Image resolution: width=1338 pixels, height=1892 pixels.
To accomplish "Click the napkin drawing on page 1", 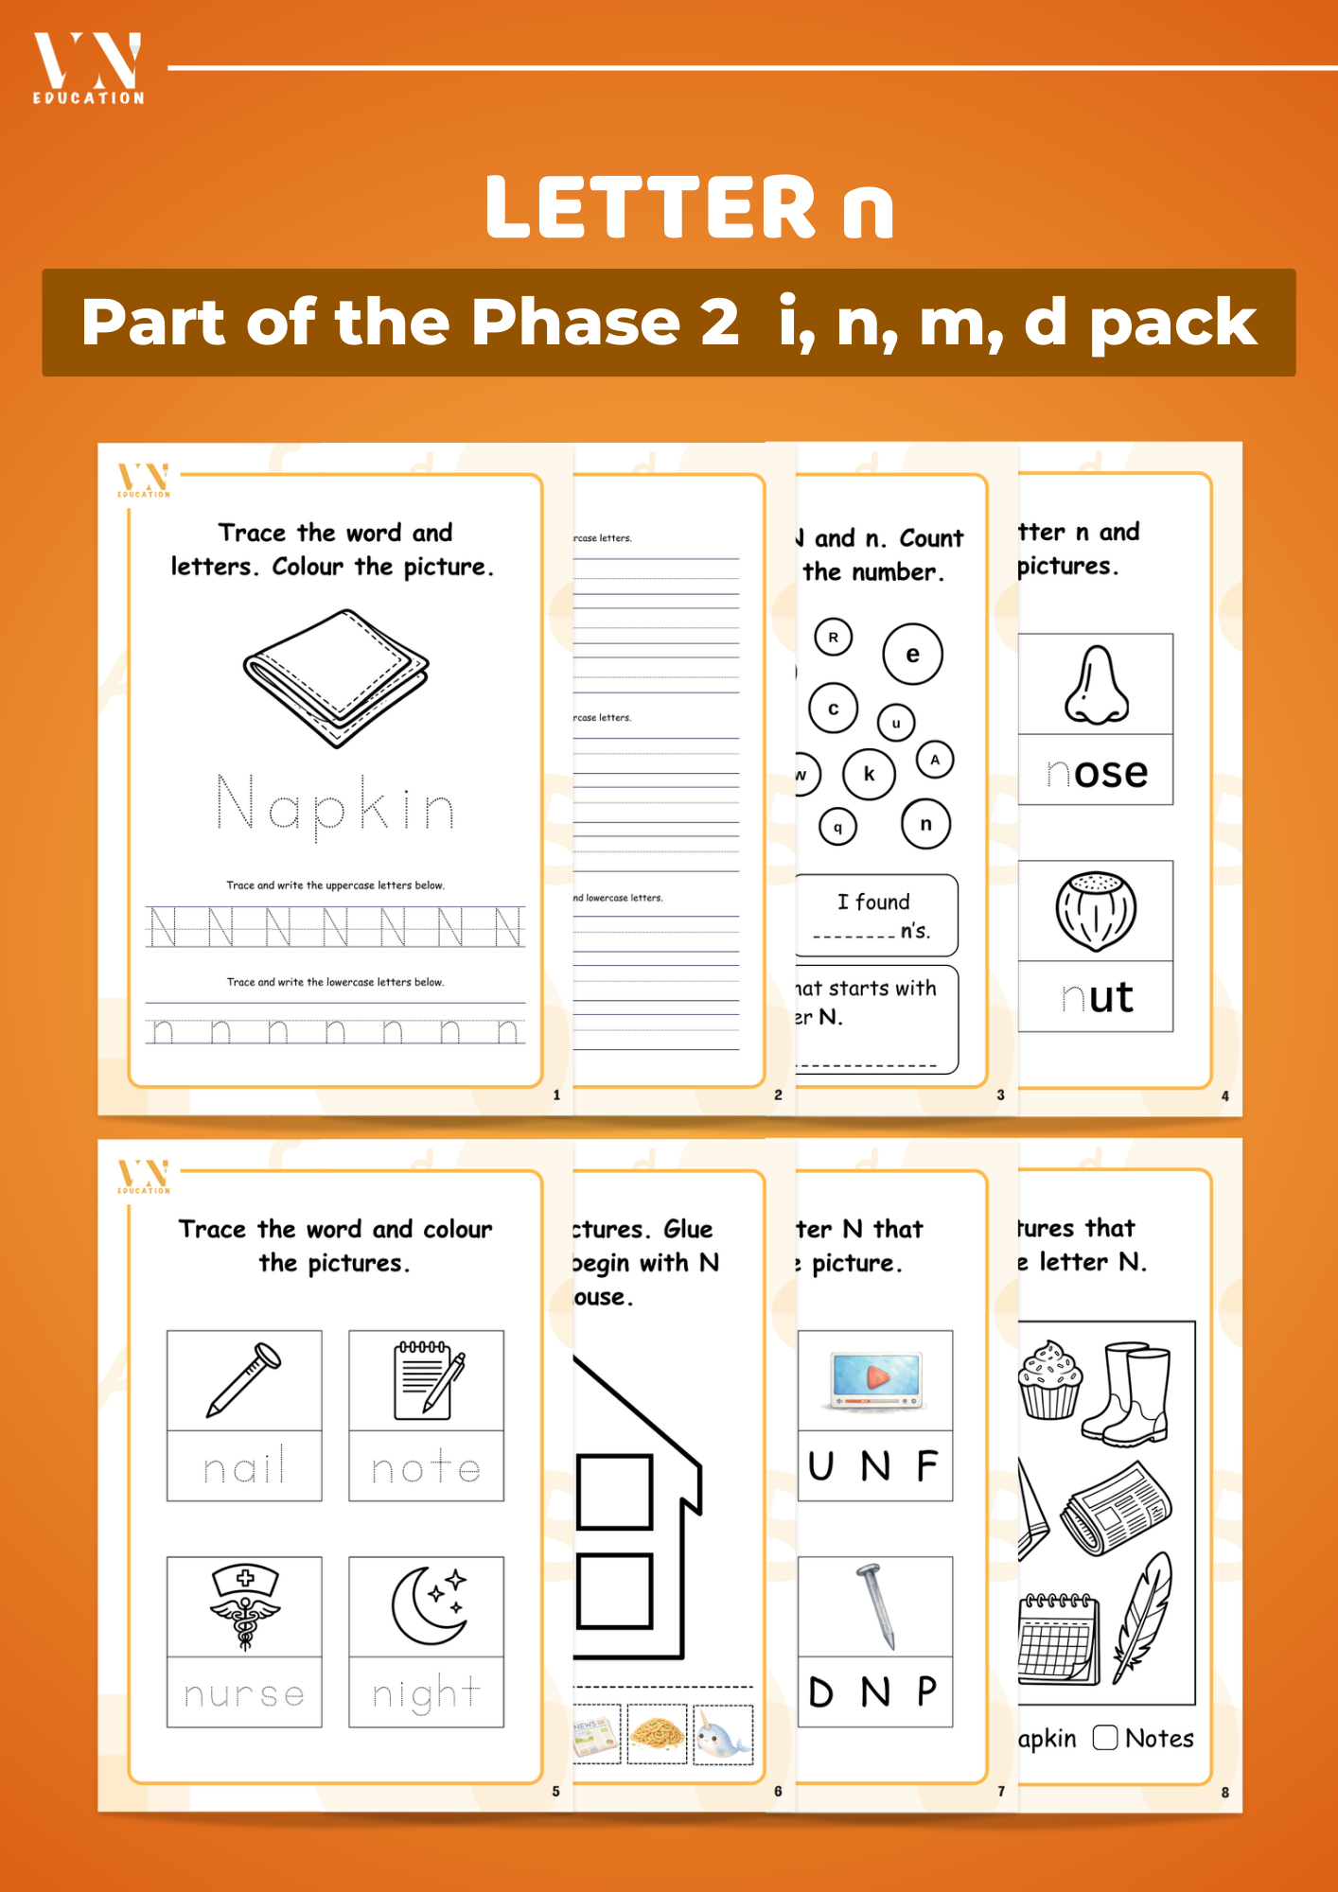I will point(336,677).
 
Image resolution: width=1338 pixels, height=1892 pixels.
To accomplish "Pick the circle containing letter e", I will point(912,654).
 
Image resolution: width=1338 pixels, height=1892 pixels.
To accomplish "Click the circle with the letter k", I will point(869,774).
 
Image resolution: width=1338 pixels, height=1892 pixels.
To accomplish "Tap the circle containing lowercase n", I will point(925,824).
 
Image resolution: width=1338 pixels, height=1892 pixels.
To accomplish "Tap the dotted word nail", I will point(244,1467).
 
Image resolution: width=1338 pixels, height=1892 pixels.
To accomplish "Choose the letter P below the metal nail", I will point(926,1691).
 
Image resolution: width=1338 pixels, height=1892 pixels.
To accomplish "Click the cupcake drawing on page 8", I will point(1049,1380).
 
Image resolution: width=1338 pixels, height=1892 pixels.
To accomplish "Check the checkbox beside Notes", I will point(1104,1738).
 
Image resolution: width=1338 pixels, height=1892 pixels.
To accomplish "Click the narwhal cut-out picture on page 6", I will point(723,1735).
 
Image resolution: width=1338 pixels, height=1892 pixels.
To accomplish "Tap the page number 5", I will point(555,1791).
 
